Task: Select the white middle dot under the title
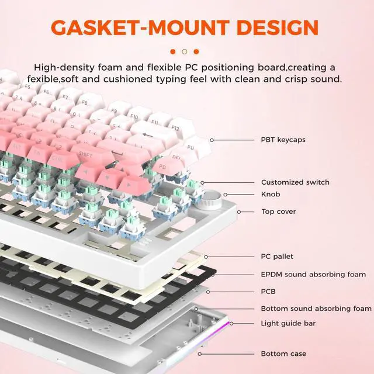click(x=185, y=51)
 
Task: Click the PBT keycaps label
click(x=283, y=140)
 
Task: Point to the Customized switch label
click(x=295, y=182)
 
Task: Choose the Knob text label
click(x=271, y=195)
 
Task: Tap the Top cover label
click(x=278, y=212)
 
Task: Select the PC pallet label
click(x=277, y=257)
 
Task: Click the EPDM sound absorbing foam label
click(x=313, y=274)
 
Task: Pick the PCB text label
click(x=268, y=291)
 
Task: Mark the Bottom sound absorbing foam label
click(x=316, y=309)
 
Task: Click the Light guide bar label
click(x=288, y=323)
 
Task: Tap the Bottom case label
click(x=283, y=354)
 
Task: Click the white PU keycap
click(x=191, y=148)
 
